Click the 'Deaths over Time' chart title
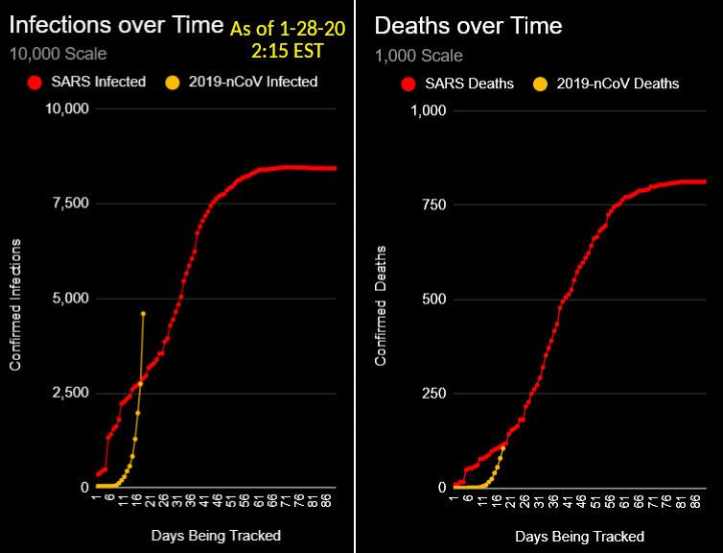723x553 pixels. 468,24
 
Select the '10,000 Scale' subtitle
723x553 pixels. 58,54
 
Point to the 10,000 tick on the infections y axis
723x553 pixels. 67,108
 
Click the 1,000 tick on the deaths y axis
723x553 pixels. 430,109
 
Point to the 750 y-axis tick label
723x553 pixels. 434,204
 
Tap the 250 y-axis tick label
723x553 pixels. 434,394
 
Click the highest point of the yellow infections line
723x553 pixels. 143,313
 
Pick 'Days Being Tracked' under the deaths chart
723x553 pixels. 579,536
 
